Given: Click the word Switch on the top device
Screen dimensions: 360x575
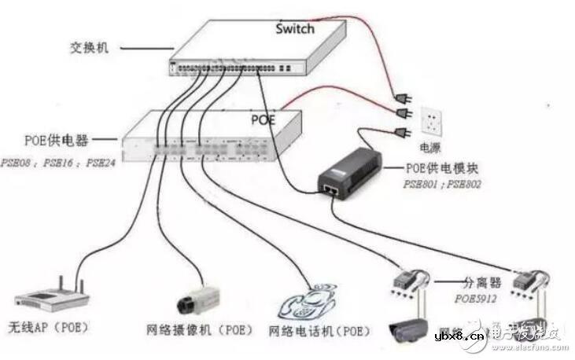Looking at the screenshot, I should click(x=295, y=29).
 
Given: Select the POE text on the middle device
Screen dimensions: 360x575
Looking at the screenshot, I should click(x=263, y=119).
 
